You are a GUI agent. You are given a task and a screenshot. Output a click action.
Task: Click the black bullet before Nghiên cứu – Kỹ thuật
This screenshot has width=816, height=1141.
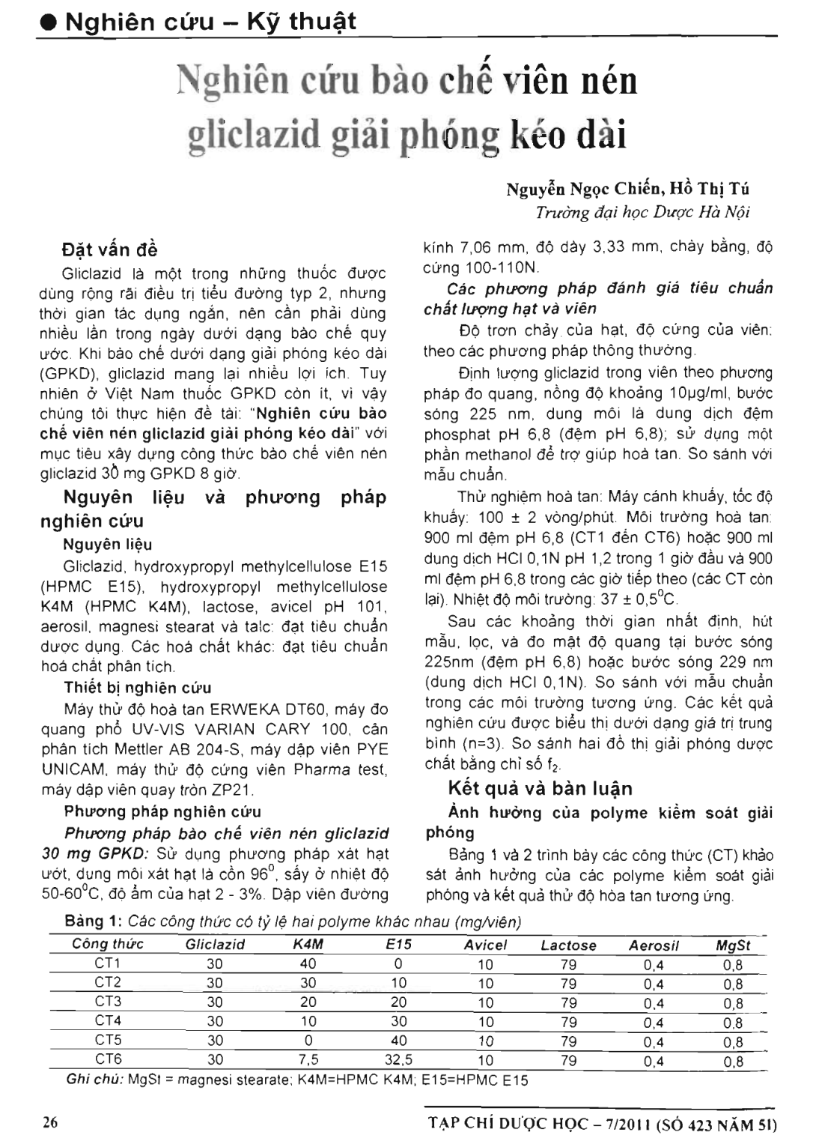pyautogui.click(x=49, y=22)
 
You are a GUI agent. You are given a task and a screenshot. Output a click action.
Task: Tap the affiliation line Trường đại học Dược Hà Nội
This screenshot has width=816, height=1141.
pyautogui.click(x=642, y=212)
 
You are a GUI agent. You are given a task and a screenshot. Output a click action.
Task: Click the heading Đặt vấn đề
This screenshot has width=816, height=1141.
pyautogui.click(x=110, y=249)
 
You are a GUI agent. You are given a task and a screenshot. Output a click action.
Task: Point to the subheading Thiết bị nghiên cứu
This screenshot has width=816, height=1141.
pyautogui.click(x=138, y=688)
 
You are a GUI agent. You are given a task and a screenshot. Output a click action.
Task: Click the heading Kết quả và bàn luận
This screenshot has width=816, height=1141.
pyautogui.click(x=540, y=788)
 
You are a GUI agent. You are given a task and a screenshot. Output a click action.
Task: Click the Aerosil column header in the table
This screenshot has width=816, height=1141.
pyautogui.click(x=654, y=945)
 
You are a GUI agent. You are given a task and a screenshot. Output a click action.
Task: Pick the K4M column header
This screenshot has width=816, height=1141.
pyautogui.click(x=308, y=945)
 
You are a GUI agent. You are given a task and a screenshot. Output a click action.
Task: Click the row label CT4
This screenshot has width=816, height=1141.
pyautogui.click(x=108, y=1020)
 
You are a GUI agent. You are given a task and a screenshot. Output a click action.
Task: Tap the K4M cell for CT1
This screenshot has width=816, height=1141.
pyautogui.click(x=308, y=963)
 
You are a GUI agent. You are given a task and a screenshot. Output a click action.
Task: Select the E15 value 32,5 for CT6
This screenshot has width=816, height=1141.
pyautogui.click(x=398, y=1060)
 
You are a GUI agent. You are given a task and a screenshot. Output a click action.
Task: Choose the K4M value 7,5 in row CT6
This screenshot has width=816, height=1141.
pyautogui.click(x=308, y=1060)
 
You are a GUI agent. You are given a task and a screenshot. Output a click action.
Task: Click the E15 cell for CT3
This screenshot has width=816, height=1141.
pyautogui.click(x=398, y=1002)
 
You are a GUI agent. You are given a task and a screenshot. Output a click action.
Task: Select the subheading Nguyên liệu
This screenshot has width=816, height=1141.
pyautogui.click(x=108, y=545)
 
